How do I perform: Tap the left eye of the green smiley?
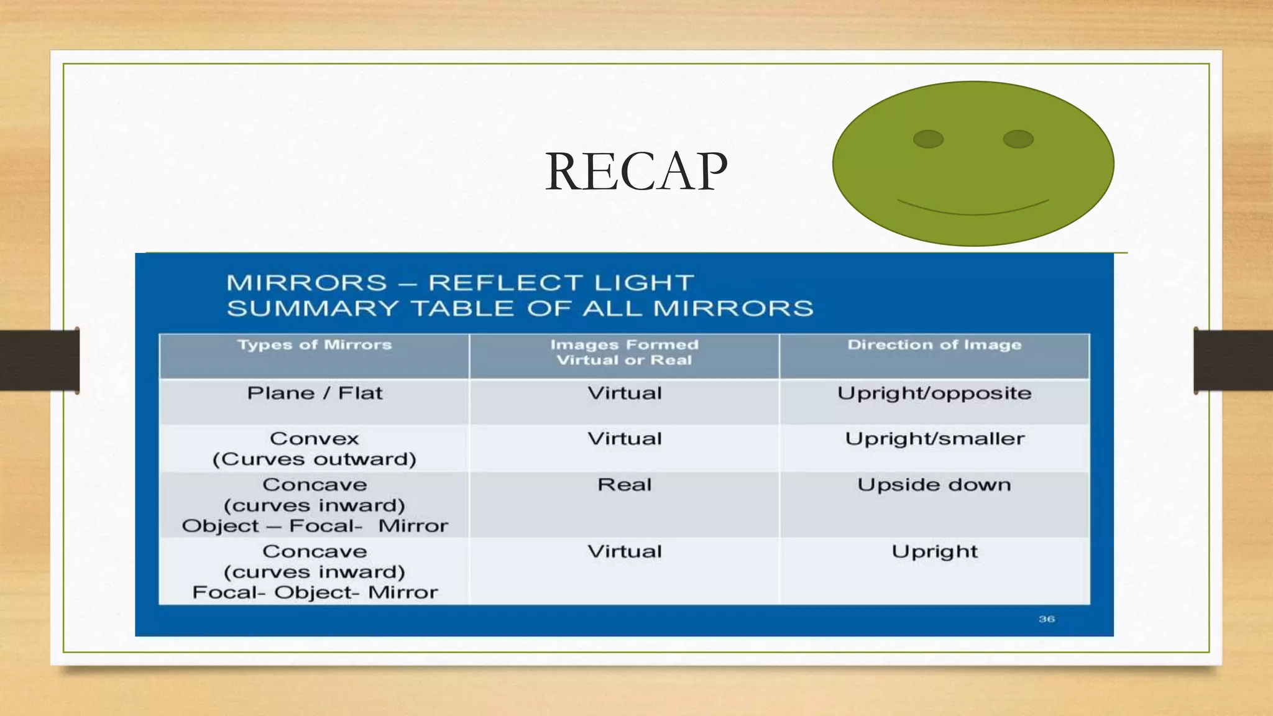[928, 139]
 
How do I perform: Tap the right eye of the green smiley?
[1018, 139]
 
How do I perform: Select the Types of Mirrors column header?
[315, 345]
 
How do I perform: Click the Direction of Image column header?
[934, 345]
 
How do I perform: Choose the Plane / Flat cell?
[315, 393]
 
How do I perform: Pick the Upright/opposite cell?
[934, 393]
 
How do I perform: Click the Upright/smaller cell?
[934, 439]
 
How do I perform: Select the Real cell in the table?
[625, 485]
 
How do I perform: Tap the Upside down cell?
[934, 485]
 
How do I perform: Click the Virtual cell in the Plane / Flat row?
[625, 393]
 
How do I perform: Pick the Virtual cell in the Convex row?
[625, 439]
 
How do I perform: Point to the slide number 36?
[1047, 619]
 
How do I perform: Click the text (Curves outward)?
[315, 459]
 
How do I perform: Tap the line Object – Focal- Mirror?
[315, 526]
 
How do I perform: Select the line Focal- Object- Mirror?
[315, 593]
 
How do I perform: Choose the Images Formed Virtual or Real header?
[625, 352]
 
